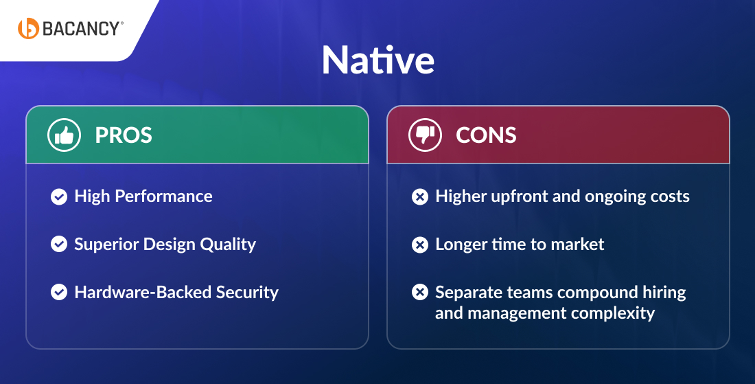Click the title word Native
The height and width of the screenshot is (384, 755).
(x=377, y=61)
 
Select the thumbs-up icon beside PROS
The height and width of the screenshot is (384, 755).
(x=64, y=135)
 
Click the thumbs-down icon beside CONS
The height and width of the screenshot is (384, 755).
(x=425, y=135)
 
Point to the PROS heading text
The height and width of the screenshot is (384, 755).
(x=124, y=135)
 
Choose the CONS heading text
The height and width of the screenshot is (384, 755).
(x=486, y=135)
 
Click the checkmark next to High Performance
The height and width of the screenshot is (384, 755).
(x=59, y=196)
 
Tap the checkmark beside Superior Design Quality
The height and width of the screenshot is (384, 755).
(x=59, y=244)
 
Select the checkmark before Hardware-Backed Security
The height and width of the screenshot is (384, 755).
(x=59, y=292)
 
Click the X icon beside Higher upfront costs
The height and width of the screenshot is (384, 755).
(x=419, y=197)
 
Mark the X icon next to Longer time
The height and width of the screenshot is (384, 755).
(x=419, y=245)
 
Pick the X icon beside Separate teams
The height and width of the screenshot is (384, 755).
(x=419, y=293)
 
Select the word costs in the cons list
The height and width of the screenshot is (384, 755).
(x=667, y=196)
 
